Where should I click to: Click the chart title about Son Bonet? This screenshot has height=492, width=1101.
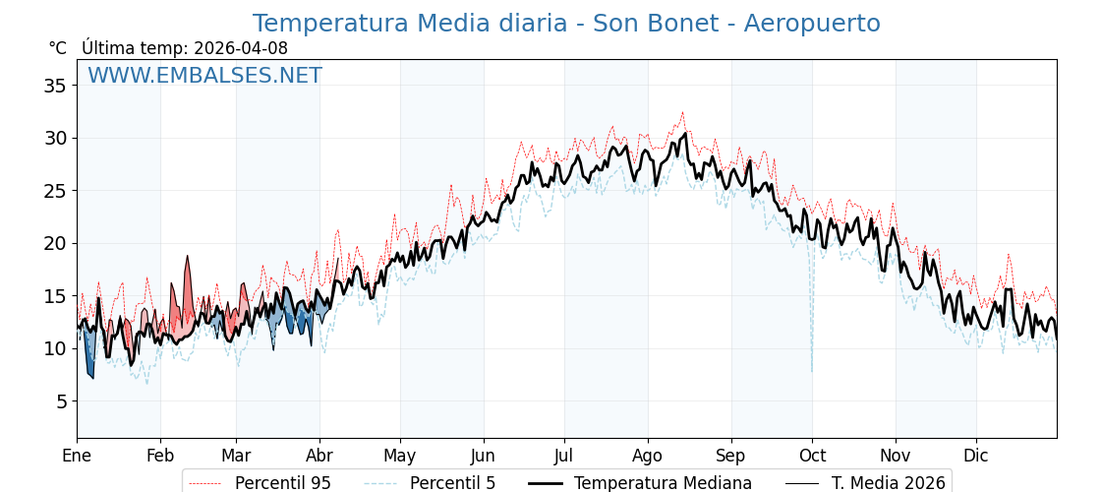point(566,24)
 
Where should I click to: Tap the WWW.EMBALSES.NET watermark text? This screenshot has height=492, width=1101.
point(204,76)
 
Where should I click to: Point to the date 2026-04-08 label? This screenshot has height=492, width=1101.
point(241,48)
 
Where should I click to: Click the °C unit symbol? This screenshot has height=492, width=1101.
point(57,48)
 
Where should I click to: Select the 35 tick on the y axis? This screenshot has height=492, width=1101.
point(55,86)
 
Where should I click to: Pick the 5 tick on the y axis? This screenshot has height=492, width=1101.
point(61,401)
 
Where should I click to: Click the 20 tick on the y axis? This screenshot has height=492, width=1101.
point(55,243)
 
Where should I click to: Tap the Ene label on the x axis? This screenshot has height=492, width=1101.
point(77,456)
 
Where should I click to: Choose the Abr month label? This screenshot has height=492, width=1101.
point(319,456)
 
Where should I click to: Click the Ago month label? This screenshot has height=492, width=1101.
point(648,456)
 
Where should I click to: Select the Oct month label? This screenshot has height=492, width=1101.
point(812,456)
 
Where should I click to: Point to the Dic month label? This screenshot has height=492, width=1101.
point(976,456)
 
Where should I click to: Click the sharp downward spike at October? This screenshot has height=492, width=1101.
point(812,369)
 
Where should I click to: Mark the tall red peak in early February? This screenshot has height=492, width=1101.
point(188,258)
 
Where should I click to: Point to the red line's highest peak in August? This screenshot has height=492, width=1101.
point(682,113)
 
